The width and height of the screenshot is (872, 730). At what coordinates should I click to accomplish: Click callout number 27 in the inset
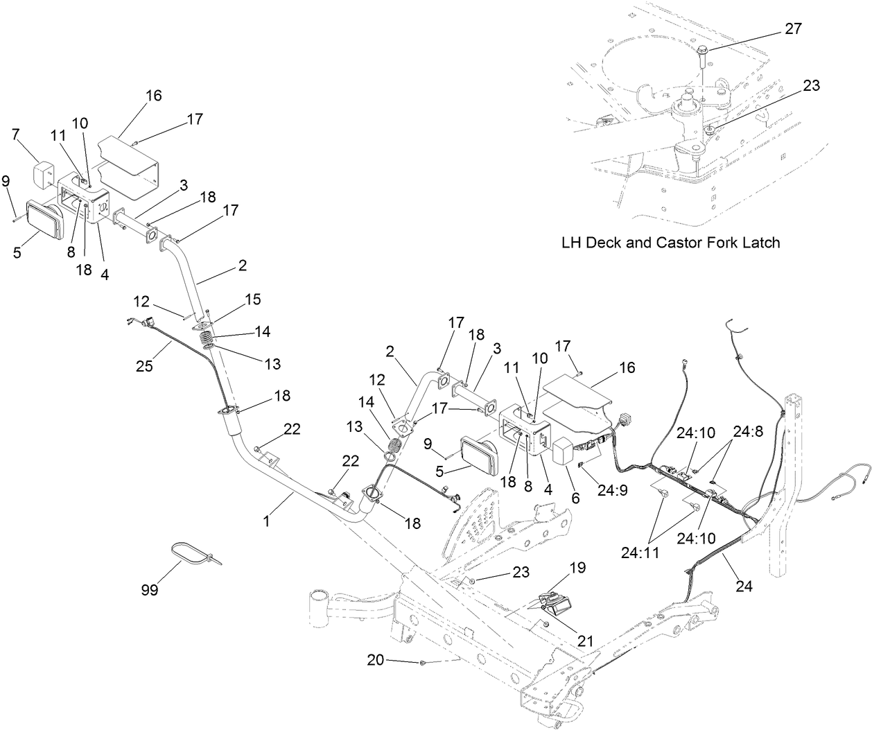click(x=792, y=28)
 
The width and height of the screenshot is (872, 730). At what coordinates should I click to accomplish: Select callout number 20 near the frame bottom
click(x=375, y=661)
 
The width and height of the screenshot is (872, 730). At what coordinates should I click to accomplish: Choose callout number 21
click(x=585, y=641)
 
